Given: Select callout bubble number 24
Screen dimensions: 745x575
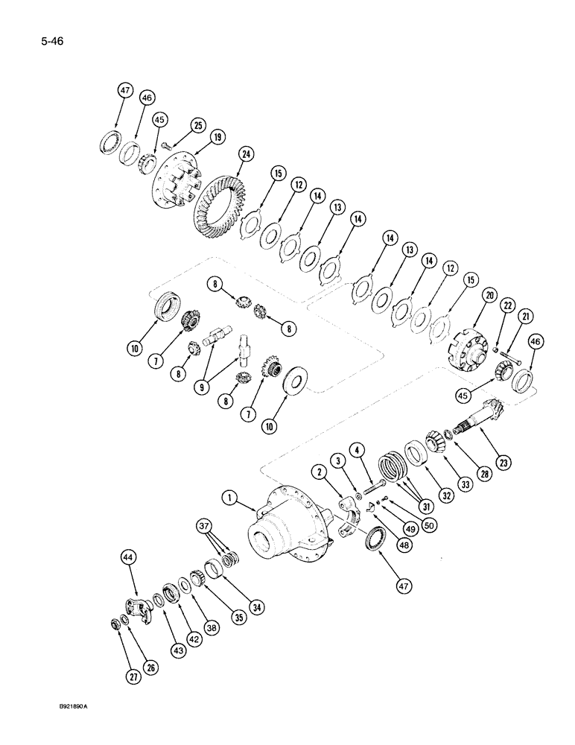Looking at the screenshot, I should point(245,154).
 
